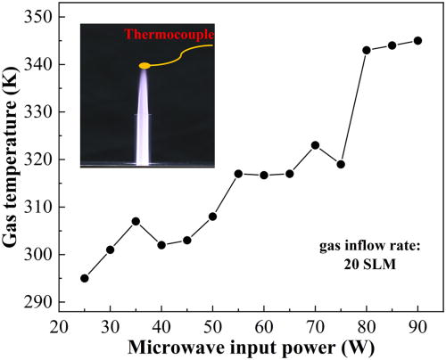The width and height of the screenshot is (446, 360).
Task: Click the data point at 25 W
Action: [85, 278]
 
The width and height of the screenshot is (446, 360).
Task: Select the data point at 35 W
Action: [136, 221]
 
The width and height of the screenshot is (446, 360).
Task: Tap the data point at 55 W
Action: [238, 174]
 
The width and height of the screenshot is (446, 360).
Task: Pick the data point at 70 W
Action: [315, 145]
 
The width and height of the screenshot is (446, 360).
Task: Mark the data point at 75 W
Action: [341, 164]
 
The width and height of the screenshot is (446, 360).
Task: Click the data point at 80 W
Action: [367, 50]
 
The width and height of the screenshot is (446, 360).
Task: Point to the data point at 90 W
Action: [417, 40]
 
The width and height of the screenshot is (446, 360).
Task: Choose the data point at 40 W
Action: [161, 245]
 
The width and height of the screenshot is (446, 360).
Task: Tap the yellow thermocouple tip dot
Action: [145, 65]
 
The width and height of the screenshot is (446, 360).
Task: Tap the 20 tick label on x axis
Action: [59, 325]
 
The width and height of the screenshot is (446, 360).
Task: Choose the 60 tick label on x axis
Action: [264, 325]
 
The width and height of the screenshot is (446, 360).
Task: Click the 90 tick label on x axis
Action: [417, 325]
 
